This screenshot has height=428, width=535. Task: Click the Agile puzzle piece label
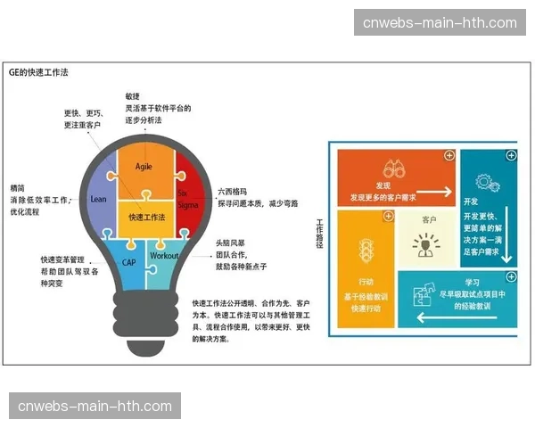point(144,167)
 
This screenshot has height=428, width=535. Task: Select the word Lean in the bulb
point(98,199)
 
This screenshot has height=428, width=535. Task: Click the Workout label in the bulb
point(164,256)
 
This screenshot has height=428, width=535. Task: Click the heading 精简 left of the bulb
point(17,188)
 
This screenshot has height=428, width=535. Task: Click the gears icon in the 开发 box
point(487,184)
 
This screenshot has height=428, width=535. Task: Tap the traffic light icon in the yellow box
point(364,247)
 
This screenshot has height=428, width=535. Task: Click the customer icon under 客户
point(427,244)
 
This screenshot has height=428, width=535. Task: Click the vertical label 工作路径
point(319,235)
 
